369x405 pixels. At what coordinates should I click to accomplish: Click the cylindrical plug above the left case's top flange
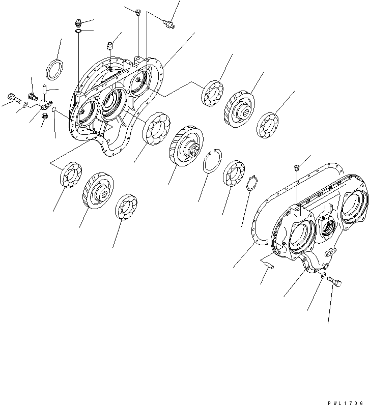(109, 47)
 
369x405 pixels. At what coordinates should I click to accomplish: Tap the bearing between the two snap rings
(235, 173)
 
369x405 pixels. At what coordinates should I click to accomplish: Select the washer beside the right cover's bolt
(323, 275)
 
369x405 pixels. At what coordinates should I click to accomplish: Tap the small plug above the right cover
(296, 166)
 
